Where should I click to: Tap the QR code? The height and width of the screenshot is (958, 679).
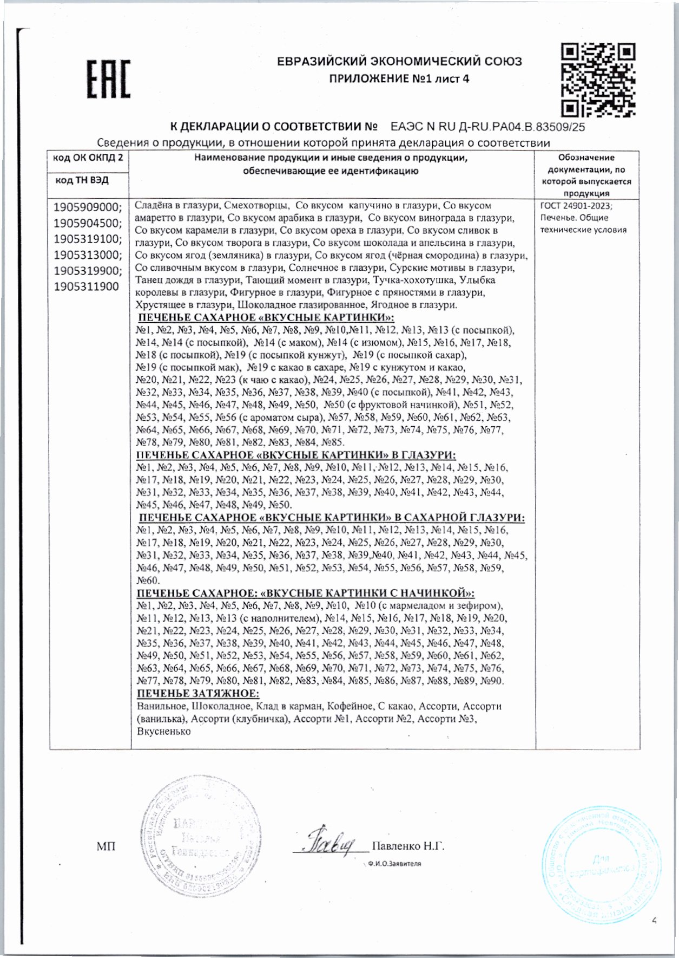pyautogui.click(x=597, y=80)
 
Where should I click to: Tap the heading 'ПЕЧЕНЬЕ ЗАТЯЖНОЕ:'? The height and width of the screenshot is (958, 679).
pyautogui.click(x=197, y=694)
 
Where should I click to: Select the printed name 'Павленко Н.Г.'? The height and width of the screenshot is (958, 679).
pyautogui.click(x=408, y=846)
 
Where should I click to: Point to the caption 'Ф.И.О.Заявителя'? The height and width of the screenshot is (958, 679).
pyautogui.click(x=394, y=864)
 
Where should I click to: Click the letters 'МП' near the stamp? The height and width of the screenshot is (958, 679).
pyautogui.click(x=106, y=846)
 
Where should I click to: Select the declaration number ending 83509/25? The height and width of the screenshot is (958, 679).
pyautogui.click(x=487, y=128)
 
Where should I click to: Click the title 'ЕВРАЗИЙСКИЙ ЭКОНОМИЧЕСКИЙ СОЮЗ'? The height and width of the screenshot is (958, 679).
pyautogui.click(x=399, y=62)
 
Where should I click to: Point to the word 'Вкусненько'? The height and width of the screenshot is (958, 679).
pyautogui.click(x=163, y=731)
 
